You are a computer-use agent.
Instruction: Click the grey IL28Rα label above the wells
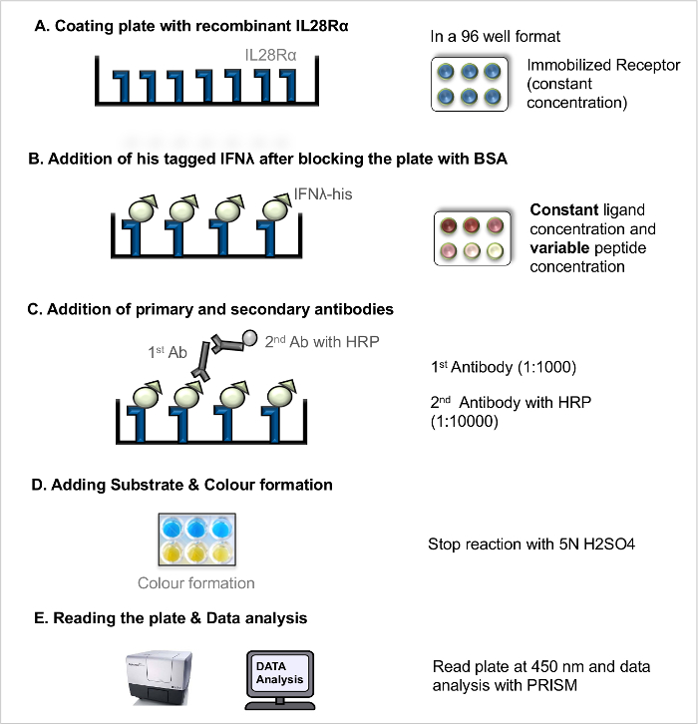pyautogui.click(x=270, y=56)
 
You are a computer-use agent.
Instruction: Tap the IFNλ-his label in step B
pyautogui.click(x=323, y=194)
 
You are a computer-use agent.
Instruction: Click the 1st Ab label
pyautogui.click(x=168, y=352)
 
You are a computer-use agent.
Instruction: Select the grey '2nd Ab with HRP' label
pyautogui.click(x=322, y=342)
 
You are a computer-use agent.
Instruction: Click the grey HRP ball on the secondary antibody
pyautogui.click(x=249, y=337)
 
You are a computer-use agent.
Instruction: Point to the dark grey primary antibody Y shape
pyautogui.click(x=201, y=361)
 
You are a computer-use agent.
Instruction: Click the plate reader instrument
pyautogui.click(x=159, y=677)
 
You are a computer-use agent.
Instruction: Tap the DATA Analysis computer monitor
pyautogui.click(x=280, y=679)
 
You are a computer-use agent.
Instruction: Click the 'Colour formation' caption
pyautogui.click(x=196, y=583)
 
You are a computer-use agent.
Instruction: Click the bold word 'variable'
pyautogui.click(x=559, y=248)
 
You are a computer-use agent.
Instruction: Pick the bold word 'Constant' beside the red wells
pyautogui.click(x=558, y=210)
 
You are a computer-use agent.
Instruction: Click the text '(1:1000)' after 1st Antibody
pyautogui.click(x=547, y=368)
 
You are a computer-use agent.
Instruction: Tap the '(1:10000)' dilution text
pyautogui.click(x=465, y=422)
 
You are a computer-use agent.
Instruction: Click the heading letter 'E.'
pyautogui.click(x=41, y=618)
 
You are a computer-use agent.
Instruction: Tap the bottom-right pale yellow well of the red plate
pyautogui.click(x=496, y=250)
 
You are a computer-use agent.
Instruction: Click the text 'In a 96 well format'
pyautogui.click(x=495, y=37)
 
